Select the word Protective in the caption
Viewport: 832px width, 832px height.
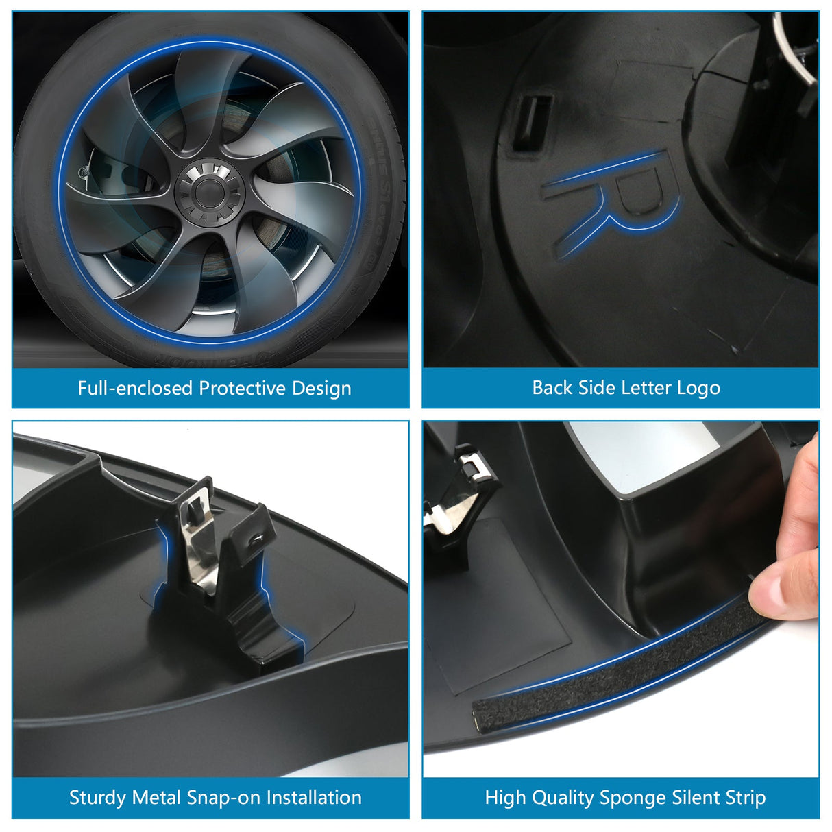pos(243,389)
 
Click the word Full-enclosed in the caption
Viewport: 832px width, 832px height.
pos(135,389)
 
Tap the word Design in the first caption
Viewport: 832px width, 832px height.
pos(321,389)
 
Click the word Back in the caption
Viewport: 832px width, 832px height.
pos(552,388)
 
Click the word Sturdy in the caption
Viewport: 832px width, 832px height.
pos(97,798)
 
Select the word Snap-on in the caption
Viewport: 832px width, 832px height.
pos(223,798)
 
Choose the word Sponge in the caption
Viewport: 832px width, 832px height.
pos(633,798)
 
